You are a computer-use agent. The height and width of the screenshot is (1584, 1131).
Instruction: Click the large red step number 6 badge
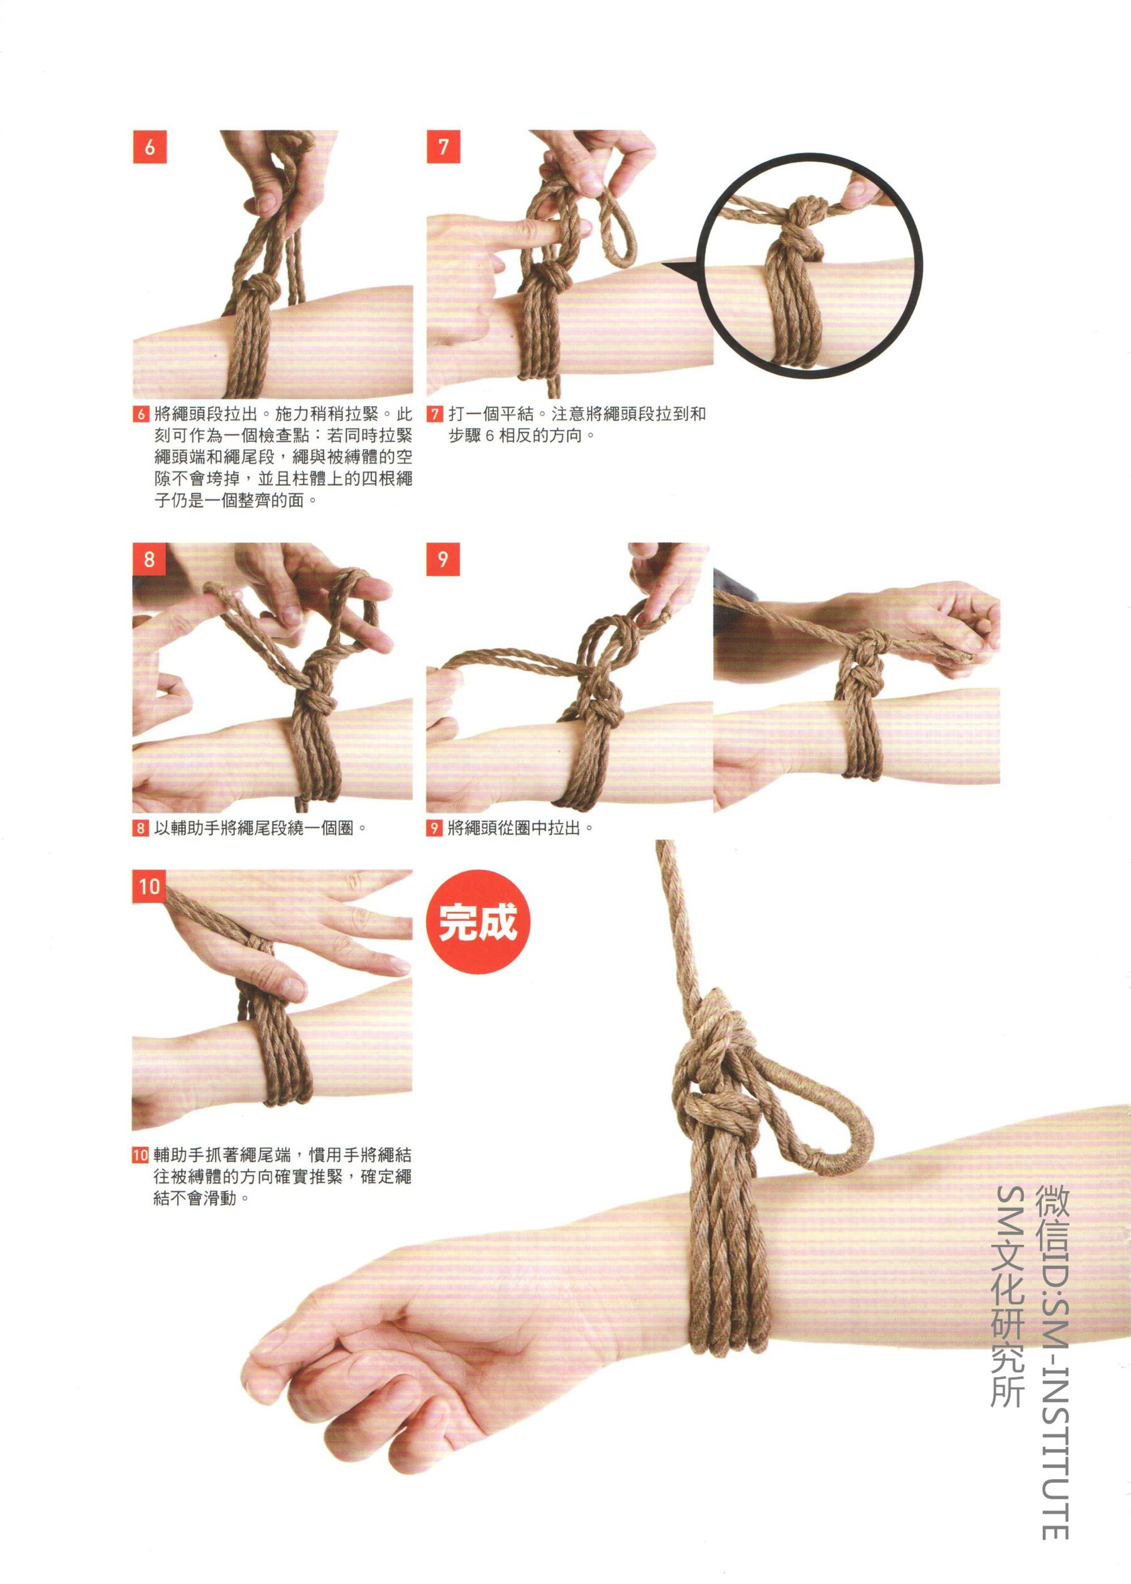150,147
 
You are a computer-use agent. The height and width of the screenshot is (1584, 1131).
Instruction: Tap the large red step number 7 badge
444,147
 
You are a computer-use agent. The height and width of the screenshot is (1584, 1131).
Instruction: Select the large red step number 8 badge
150,559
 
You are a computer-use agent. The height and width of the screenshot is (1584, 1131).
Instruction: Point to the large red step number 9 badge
444,559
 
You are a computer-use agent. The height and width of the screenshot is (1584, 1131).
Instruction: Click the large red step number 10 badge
150,887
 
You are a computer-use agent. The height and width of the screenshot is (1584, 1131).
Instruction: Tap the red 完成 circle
478,923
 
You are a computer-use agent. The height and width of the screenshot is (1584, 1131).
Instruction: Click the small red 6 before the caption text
141,415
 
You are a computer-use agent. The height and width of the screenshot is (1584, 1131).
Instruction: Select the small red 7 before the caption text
435,415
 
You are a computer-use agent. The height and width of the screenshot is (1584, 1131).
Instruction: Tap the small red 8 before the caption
141,829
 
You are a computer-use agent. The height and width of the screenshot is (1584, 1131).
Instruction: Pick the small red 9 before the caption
435,829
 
